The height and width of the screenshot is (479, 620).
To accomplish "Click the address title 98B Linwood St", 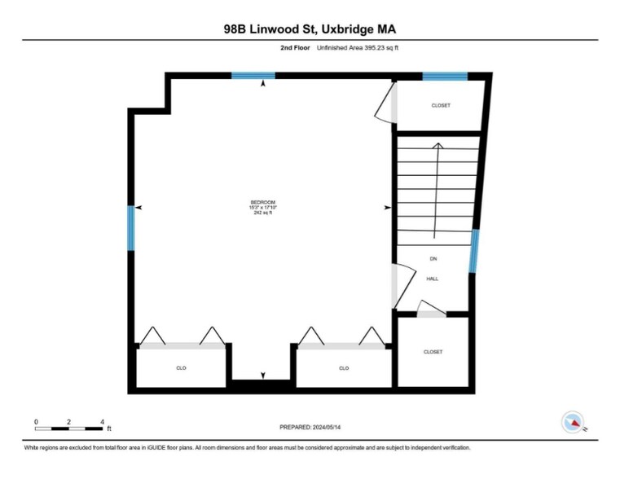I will coord(310,29).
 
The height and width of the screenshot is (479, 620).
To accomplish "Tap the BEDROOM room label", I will coord(263,202).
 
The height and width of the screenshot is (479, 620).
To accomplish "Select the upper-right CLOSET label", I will coord(440,106).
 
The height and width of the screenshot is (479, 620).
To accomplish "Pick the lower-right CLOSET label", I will coord(433,352).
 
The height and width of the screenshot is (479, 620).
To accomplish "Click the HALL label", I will coord(433,279).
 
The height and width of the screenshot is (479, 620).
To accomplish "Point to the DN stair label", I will coord(433,259).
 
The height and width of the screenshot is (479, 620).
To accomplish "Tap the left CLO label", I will coord(181,368).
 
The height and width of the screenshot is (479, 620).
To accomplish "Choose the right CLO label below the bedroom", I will coord(344,368).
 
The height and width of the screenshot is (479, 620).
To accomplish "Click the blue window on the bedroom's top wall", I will coord(253,76).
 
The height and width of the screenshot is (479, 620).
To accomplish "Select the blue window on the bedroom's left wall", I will coord(130,227).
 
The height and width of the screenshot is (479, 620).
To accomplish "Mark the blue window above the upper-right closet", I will coord(445,77).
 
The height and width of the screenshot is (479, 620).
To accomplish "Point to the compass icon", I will coord(574,422).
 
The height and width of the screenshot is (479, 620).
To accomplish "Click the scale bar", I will coord(69,428).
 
